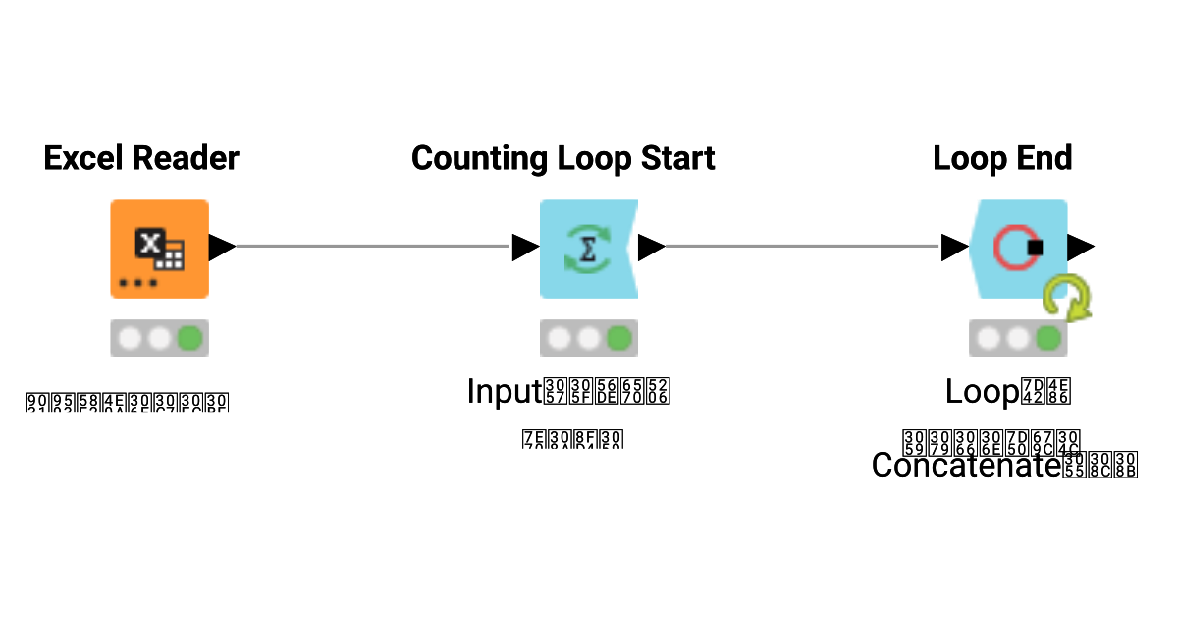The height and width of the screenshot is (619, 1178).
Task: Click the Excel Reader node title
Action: [141, 158]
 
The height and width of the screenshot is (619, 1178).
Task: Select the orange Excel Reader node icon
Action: [159, 249]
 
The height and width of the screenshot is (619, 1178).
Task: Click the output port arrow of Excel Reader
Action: [221, 248]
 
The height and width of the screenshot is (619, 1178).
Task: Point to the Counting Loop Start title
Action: [562, 158]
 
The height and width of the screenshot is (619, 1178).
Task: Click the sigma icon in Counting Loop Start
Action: [588, 249]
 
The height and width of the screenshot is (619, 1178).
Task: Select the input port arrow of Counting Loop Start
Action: [525, 248]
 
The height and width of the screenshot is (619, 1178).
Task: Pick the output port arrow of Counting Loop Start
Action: [651, 248]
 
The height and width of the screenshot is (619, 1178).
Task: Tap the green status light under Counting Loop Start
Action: [618, 339]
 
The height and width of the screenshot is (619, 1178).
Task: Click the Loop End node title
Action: [1002, 158]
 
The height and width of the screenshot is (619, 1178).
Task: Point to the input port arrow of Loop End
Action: [954, 248]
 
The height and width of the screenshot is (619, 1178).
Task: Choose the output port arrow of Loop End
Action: [1081, 248]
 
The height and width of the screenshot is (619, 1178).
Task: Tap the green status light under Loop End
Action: [1048, 339]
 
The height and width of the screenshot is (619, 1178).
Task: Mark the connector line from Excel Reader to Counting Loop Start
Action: [373, 247]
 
